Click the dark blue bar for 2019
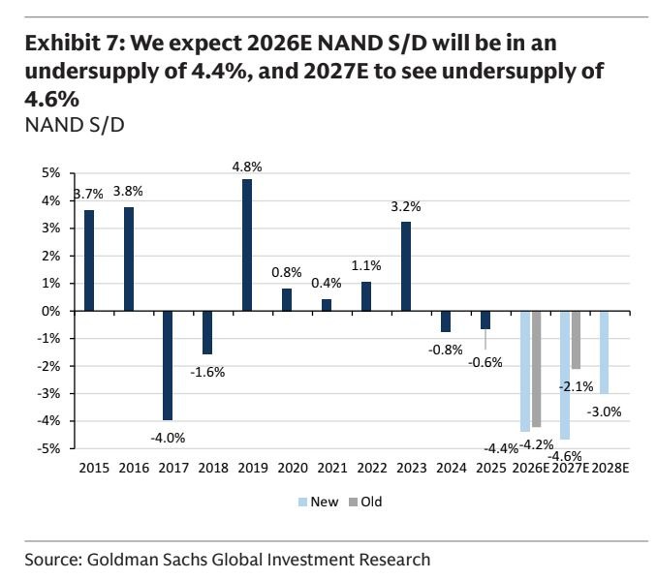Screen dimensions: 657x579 247,245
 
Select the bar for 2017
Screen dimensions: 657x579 168,365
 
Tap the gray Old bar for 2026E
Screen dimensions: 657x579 536,369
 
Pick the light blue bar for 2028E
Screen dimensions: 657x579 604,352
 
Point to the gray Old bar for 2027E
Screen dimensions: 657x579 577,340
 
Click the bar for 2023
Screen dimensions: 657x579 406,266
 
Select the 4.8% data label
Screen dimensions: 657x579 247,167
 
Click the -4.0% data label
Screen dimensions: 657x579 168,438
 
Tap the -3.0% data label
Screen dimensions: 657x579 604,411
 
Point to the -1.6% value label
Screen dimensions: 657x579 207,372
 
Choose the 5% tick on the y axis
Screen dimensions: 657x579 50,173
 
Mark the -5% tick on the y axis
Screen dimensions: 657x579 49,448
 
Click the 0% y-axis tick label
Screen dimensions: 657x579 50,311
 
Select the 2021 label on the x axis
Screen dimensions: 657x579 332,468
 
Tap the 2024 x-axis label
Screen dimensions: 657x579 452,468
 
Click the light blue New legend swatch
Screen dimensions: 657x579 302,502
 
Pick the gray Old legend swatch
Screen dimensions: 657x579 354,502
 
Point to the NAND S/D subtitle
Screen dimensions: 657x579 75,125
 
